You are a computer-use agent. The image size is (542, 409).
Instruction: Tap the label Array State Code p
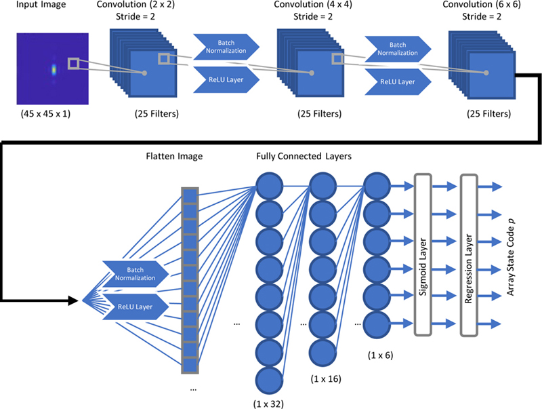(516, 255)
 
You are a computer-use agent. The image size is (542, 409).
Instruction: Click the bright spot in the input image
(54, 69)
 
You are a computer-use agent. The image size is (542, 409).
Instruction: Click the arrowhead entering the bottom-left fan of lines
(76, 299)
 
